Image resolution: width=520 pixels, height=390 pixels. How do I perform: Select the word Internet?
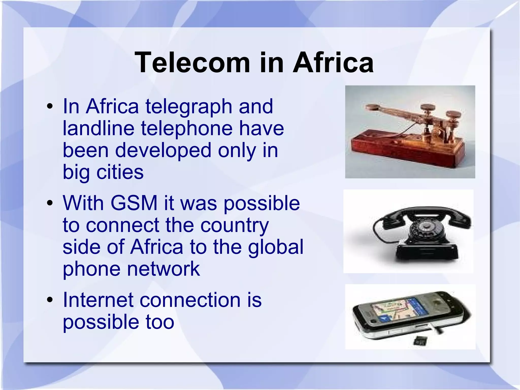coord(98,300)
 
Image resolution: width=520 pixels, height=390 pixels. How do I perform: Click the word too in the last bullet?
coord(160,322)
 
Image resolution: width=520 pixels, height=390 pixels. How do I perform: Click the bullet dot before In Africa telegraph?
coord(50,106)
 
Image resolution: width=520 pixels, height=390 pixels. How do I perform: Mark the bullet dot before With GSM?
coord(50,203)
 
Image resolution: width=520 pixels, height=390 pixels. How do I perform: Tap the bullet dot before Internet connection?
coord(50,300)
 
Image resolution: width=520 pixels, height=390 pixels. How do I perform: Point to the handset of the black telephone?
coord(427,212)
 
